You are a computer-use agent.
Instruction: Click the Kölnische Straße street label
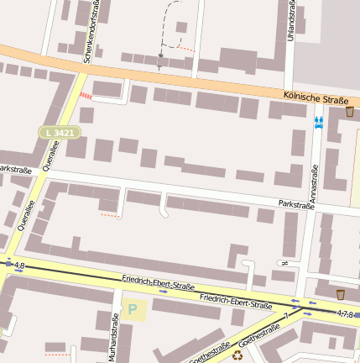(316, 100)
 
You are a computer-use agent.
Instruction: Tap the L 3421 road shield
(60, 133)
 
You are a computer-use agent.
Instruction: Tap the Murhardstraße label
(113, 337)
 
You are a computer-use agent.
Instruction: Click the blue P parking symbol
(132, 309)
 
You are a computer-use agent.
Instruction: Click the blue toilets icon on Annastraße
(318, 122)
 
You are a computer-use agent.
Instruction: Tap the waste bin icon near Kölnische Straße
(349, 111)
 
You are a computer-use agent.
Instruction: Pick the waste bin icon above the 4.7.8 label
(340, 294)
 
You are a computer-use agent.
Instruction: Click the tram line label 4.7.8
(344, 313)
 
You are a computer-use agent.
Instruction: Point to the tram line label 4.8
(19, 266)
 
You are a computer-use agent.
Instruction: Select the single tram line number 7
(285, 315)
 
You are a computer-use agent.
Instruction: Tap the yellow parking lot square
(134, 309)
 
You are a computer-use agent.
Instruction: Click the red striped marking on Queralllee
(86, 95)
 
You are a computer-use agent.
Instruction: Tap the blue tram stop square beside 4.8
(8, 265)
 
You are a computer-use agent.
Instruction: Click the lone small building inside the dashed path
(181, 27)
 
